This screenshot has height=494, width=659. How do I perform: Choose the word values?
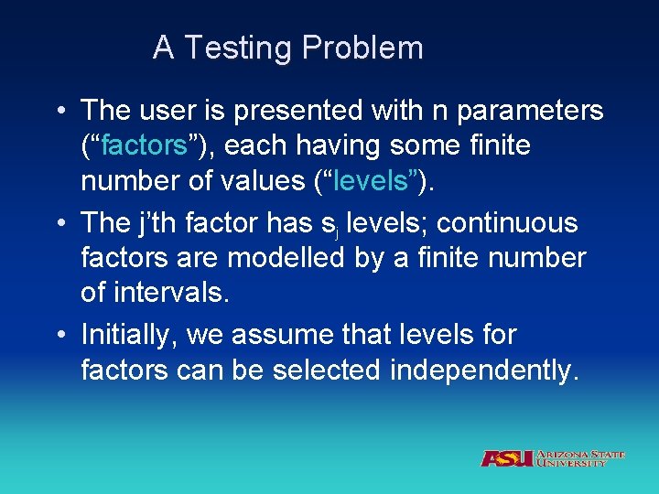(x=257, y=181)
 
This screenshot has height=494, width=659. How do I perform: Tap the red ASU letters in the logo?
(x=506, y=458)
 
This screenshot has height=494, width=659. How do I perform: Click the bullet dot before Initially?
(x=59, y=336)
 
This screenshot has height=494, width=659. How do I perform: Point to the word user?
(x=169, y=112)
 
